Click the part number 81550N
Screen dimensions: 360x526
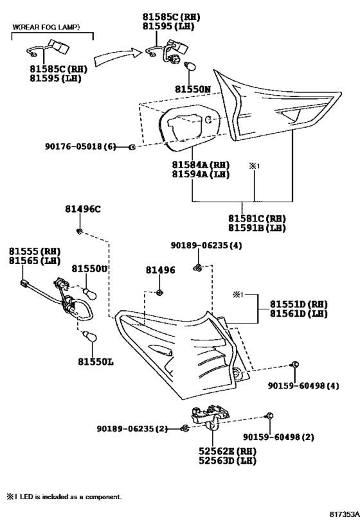[193, 89]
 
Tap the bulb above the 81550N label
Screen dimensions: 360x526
[190, 67]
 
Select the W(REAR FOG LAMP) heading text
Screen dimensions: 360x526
[46, 27]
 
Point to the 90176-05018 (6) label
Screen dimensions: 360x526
[80, 146]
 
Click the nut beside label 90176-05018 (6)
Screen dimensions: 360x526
[132, 146]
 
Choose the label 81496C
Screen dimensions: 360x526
[83, 209]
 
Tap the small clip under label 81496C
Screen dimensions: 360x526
[80, 231]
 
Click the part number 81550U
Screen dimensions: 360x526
[89, 268]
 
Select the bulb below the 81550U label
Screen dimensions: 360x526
[91, 294]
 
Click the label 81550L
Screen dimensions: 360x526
[96, 362]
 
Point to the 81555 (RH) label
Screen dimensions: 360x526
[35, 251]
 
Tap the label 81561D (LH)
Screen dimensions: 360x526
[298, 313]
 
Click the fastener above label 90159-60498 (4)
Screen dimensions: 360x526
[295, 365]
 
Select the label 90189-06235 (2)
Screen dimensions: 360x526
[132, 428]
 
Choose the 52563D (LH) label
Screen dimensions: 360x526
[228, 460]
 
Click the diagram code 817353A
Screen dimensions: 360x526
[344, 513]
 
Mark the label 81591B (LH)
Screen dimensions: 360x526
[257, 228]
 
